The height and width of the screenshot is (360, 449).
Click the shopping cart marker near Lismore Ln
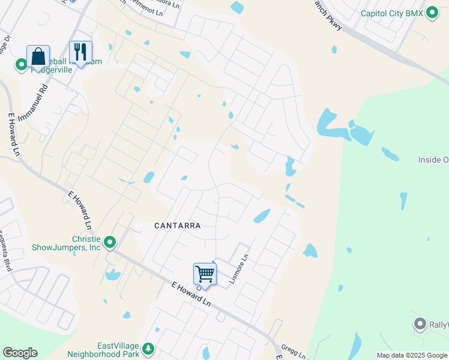click(205, 274)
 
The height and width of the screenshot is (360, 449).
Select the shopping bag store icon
click(38, 57)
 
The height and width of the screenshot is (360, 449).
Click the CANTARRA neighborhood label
click(177, 226)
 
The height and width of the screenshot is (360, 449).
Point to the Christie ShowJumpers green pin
click(110, 242)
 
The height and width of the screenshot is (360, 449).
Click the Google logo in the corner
click(20, 353)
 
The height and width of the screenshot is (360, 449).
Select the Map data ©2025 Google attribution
click(412, 355)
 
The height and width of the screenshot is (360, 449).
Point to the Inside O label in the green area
click(433, 160)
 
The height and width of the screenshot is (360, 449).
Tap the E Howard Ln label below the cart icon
click(191, 296)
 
